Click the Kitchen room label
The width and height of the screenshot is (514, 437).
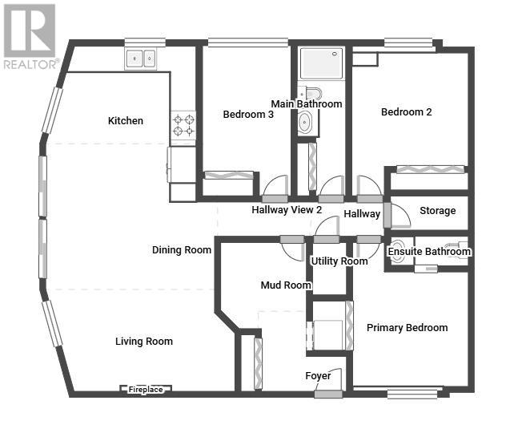click(x=126, y=121)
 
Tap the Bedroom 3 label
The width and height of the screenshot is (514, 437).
click(x=248, y=115)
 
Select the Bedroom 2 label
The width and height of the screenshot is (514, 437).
click(x=406, y=112)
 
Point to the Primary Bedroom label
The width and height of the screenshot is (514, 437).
click(x=408, y=328)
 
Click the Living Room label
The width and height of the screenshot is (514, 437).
click(x=144, y=342)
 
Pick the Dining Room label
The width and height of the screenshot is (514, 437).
click(x=182, y=250)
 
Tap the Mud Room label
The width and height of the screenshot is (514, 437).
click(x=286, y=285)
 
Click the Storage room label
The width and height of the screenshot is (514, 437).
click(x=438, y=211)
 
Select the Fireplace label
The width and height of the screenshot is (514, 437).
click(x=146, y=390)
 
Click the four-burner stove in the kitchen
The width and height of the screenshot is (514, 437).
click(x=183, y=125)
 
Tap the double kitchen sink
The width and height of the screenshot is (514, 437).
click(x=141, y=59)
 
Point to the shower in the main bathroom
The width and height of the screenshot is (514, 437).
click(x=321, y=63)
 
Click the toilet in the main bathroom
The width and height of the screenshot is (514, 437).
click(x=310, y=92)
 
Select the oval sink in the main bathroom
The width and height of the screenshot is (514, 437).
click(x=305, y=123)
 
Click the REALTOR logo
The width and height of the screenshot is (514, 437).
click(x=30, y=36)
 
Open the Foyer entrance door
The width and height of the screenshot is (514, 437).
click(x=328, y=394)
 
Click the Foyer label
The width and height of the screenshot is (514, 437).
click(x=318, y=376)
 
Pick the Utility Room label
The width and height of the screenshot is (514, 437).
click(x=339, y=261)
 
